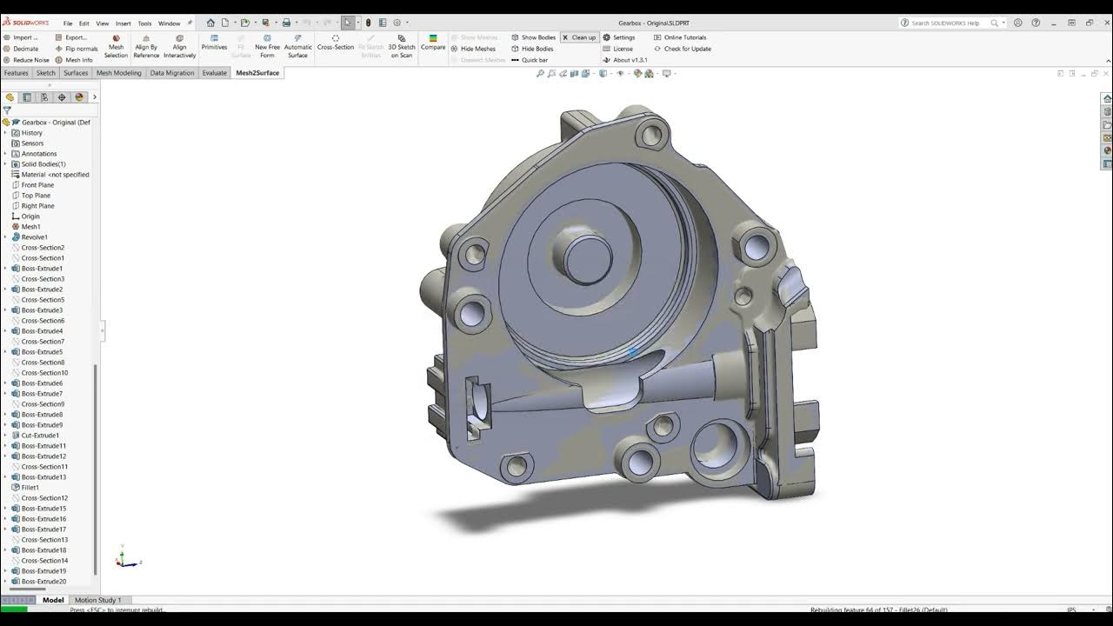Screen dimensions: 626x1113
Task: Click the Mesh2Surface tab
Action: pyautogui.click(x=257, y=73)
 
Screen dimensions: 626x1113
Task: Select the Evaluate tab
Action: pyautogui.click(x=214, y=73)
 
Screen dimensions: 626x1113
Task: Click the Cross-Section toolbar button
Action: pyautogui.click(x=335, y=43)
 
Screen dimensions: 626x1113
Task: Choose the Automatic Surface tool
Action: pyautogui.click(x=297, y=47)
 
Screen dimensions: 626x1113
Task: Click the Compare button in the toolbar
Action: pyautogui.click(x=433, y=43)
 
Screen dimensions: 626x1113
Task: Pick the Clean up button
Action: pyautogui.click(x=579, y=37)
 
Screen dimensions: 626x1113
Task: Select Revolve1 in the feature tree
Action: pyautogui.click(x=34, y=237)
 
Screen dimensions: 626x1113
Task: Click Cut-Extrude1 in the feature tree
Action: pyautogui.click(x=40, y=436)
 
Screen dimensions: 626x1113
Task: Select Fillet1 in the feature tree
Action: pyautogui.click(x=30, y=488)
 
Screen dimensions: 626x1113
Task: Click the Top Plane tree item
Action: pyautogui.click(x=36, y=196)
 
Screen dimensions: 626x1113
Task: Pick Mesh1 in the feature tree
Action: pyautogui.click(x=30, y=227)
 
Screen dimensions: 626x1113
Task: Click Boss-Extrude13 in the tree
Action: pyautogui.click(x=43, y=477)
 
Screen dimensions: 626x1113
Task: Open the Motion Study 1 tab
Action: pyautogui.click(x=97, y=600)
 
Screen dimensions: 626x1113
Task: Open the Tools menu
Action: pyautogui.click(x=144, y=23)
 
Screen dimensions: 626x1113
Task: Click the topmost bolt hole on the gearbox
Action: pyautogui.click(x=651, y=134)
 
